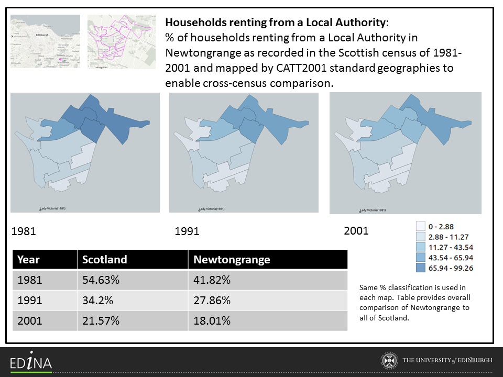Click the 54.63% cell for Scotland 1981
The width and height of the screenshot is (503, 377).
point(101,280)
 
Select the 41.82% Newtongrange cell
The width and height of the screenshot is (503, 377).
point(212,280)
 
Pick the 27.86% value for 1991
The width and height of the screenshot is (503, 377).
point(212,301)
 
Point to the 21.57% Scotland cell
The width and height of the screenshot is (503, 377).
point(101,320)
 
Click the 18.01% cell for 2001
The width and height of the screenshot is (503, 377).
point(212,320)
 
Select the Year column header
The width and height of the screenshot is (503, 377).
point(28,260)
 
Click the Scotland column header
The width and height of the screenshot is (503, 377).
point(105,260)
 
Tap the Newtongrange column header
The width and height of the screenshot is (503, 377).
point(232,260)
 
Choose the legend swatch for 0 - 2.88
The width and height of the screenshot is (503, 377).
point(420,227)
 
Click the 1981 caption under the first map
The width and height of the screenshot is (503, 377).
point(24,231)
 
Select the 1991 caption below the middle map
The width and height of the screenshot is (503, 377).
point(187,231)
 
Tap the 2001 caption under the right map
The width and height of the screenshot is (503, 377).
point(356,230)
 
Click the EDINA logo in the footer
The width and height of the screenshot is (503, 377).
point(31,362)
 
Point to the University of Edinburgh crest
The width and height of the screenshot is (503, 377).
point(388,361)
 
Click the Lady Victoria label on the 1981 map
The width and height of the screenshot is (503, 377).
point(52,208)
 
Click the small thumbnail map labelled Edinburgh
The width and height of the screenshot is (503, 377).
point(45,41)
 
